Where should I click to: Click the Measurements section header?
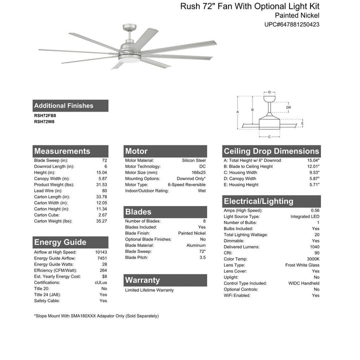pos(62,151)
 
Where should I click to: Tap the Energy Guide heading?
pos(60,242)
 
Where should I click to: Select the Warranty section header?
pos(142,280)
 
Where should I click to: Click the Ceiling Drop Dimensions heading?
pos(271,151)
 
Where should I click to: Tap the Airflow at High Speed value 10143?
pos(100,252)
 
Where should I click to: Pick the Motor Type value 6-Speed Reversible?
pos(187,185)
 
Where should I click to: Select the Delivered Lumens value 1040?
pos(314,247)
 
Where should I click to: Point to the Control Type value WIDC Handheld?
pos(303,283)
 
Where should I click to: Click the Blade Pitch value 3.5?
pos(201,257)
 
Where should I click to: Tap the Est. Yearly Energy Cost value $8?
pos(104,276)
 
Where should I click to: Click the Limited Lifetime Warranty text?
pos(149,290)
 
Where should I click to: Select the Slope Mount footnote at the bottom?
pos(96,316)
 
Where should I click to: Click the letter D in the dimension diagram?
pos(269,92)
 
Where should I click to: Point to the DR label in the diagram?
pos(288,107)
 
